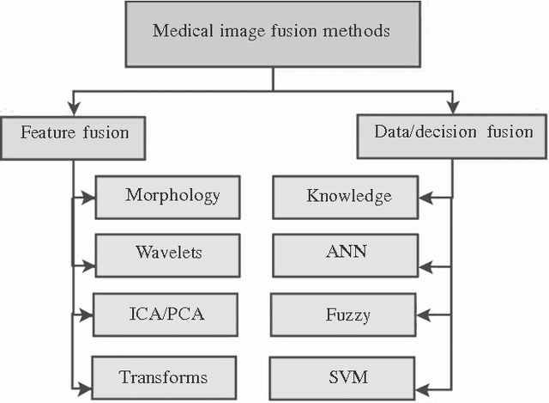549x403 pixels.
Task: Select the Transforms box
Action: [163, 376]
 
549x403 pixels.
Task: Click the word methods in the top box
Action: [359, 32]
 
